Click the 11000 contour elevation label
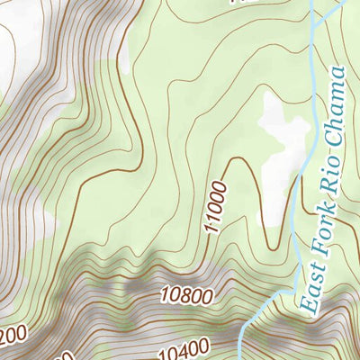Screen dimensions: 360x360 click(216, 206)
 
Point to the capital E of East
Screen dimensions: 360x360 click(310, 308)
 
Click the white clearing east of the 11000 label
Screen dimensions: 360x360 click(283, 135)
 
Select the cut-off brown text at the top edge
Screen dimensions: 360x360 click(239, 3)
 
